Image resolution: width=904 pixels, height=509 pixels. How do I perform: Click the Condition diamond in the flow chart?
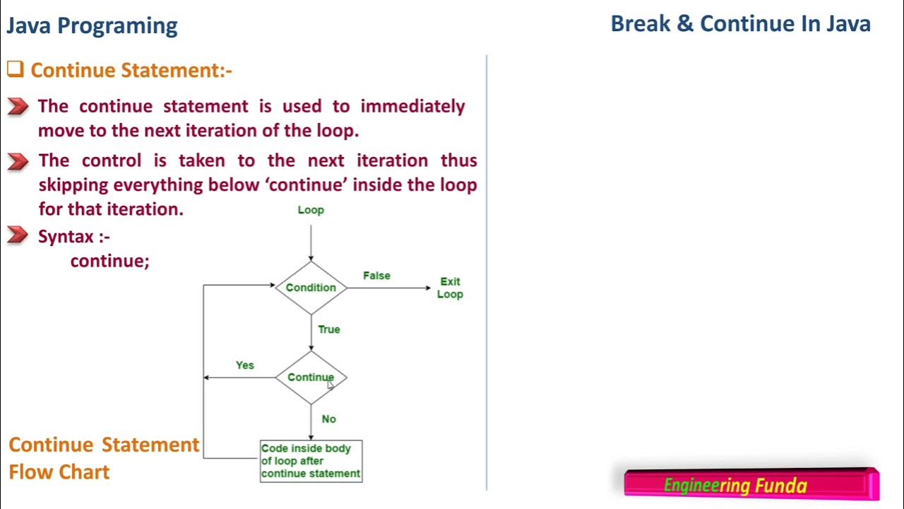[x=311, y=288]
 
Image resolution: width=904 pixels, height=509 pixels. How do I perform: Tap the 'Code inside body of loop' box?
[x=311, y=461]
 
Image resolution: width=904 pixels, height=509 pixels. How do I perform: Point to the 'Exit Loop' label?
[x=450, y=288]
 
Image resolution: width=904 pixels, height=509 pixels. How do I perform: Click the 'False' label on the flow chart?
[x=376, y=276]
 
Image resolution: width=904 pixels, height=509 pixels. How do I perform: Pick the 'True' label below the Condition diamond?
[x=329, y=329]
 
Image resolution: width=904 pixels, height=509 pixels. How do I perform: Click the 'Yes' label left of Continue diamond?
[x=244, y=365]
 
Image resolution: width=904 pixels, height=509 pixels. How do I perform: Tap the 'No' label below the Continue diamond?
[x=329, y=419]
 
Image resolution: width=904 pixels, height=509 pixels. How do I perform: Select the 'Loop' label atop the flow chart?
[x=311, y=210]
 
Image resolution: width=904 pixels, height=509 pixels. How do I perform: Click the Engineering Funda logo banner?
[x=751, y=485]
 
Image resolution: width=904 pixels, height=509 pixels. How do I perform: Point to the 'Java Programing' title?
[x=92, y=26]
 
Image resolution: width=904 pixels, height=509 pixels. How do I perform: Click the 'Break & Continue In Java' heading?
[x=740, y=23]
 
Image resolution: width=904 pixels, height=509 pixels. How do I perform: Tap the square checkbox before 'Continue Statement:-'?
[x=15, y=69]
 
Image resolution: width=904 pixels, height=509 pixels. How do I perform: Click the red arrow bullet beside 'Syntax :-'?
[x=18, y=235]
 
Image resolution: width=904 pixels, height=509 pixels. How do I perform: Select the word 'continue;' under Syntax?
[x=109, y=261]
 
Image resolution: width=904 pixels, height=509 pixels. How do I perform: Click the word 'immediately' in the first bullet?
[x=412, y=106]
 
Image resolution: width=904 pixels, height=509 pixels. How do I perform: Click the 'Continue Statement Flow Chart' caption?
[x=104, y=458]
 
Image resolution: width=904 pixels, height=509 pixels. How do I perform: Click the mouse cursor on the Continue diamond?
[x=330, y=385]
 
